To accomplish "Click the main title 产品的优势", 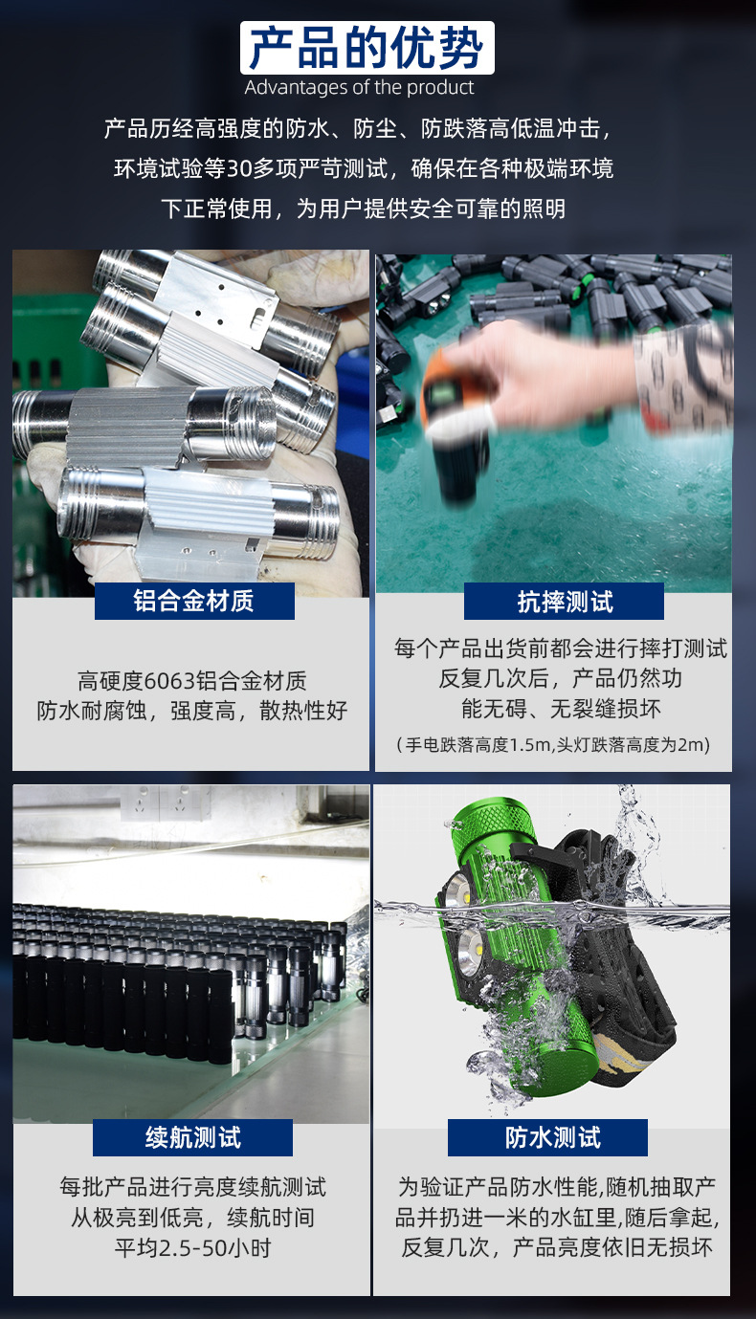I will [x=367, y=48].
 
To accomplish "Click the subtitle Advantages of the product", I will [x=360, y=88].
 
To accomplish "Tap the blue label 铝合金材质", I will [x=194, y=601].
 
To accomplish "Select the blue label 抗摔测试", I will [x=565, y=601].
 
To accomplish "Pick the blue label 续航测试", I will [x=193, y=1137].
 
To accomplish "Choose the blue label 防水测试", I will [x=553, y=1137].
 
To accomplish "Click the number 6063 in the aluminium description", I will [x=168, y=682].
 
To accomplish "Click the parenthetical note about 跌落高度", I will [x=553, y=744].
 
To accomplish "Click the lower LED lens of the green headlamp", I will [x=466, y=950].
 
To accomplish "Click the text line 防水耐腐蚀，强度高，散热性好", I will [x=191, y=712].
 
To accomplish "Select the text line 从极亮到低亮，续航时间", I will [x=192, y=1218].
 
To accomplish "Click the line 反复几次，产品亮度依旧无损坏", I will [x=557, y=1248].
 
